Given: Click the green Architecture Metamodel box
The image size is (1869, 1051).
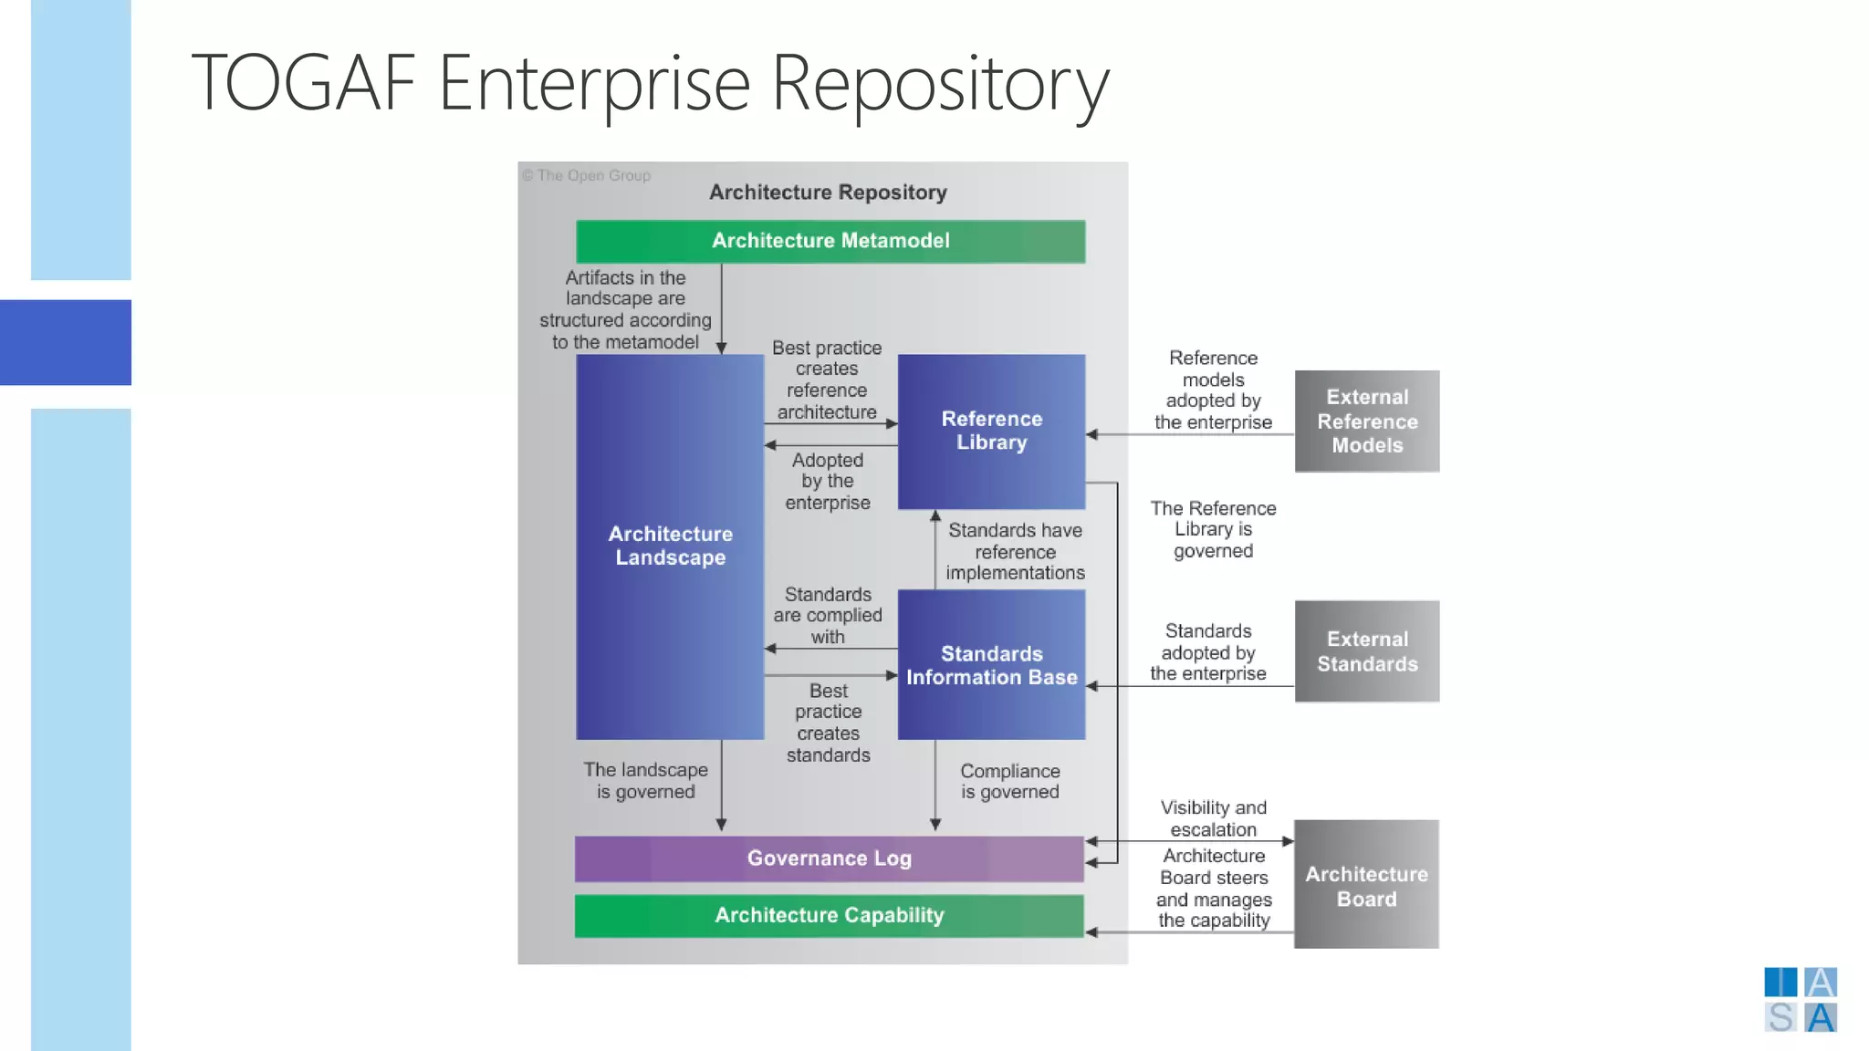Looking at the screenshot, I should click(830, 241).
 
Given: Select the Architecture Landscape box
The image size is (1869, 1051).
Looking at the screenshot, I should click(670, 546).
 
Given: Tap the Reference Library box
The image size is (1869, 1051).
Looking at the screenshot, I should click(991, 431).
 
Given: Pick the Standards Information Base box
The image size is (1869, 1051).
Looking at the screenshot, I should click(991, 665).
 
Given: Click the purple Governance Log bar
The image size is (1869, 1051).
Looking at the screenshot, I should click(829, 858).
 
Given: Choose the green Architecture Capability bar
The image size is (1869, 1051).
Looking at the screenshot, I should click(829, 915).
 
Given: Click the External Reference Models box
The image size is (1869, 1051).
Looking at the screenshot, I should click(1366, 421).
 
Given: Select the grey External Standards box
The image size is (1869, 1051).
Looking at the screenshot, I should click(1366, 651).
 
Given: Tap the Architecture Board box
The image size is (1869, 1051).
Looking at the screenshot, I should click(1366, 885).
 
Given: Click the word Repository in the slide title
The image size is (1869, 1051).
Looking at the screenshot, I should click(940, 84).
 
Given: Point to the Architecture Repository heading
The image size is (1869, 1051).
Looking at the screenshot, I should click(828, 193).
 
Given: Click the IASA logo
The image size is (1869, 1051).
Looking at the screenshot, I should click(1800, 1000).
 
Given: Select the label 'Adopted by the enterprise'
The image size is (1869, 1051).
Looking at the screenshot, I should click(827, 482).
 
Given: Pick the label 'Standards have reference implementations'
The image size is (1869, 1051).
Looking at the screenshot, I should click(1015, 552).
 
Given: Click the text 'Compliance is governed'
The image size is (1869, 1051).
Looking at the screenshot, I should click(1009, 782).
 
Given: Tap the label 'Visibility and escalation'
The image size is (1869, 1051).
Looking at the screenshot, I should click(1213, 818).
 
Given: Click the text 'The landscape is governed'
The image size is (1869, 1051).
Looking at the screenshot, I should click(645, 781).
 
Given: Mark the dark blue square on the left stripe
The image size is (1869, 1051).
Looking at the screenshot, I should click(66, 342).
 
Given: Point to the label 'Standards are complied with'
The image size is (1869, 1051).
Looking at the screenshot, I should click(827, 616).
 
